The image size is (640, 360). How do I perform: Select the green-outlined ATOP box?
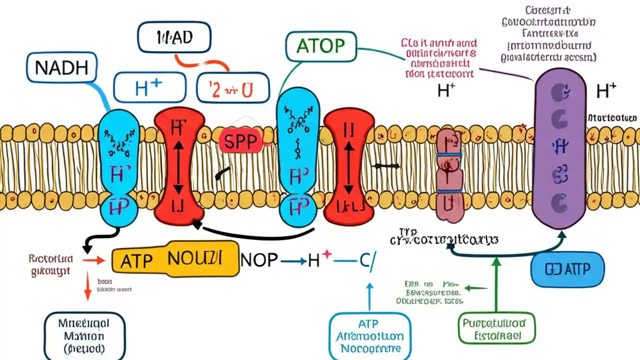coord(320,46)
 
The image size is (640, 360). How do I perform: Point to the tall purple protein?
coord(559,150)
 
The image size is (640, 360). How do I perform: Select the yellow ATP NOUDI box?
coord(174,258)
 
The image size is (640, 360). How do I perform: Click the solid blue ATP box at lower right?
coord(567,269)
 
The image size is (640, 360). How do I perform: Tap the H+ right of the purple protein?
coord(606,91)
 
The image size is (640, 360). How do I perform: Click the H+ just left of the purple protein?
coord(446,90)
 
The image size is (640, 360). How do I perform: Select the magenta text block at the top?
coord(438,59)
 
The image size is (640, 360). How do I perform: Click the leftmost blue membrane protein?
coord(119,165)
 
